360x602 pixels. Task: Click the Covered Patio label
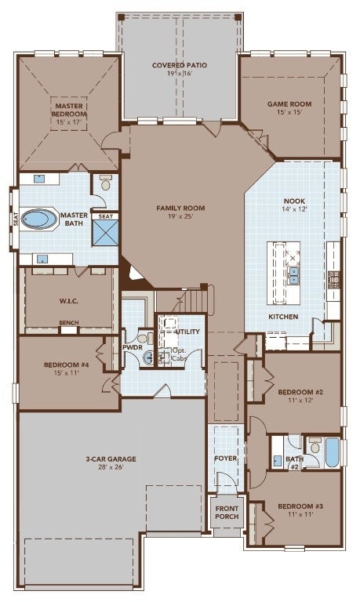(180, 65)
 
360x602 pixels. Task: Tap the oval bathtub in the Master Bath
(38, 219)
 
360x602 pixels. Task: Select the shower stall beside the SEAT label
(105, 233)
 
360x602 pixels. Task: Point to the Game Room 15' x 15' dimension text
(289, 112)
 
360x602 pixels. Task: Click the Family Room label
(180, 208)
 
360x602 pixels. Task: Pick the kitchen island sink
(294, 275)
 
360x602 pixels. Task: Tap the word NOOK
(294, 201)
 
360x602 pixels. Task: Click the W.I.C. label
(69, 301)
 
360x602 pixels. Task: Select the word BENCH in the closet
(69, 322)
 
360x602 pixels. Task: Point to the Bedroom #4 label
(67, 364)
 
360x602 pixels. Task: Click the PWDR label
(133, 347)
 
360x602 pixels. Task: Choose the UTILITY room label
(187, 332)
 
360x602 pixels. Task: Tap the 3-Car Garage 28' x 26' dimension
(111, 467)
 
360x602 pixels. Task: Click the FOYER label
(226, 458)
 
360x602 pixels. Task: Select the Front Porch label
(227, 513)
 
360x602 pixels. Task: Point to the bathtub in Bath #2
(333, 452)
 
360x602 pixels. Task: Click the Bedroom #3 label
(300, 506)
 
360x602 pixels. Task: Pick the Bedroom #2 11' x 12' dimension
(300, 400)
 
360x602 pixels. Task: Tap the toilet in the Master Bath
(105, 183)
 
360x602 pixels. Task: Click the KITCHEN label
(283, 317)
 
